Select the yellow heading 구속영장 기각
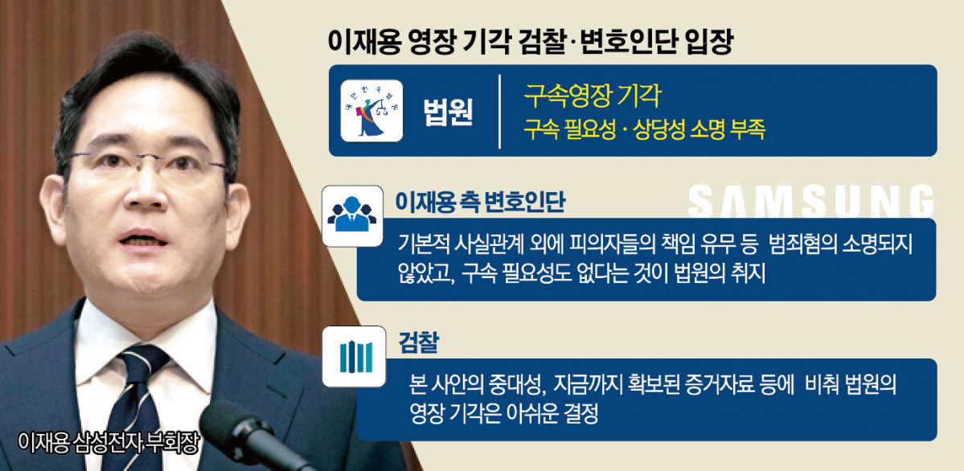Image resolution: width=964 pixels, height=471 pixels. pos(593,96)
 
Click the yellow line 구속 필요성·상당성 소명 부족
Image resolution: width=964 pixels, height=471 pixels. pos(644,129)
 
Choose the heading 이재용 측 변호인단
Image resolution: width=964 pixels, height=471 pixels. pos(480,202)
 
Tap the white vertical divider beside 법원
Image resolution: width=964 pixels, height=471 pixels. pos(499,111)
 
